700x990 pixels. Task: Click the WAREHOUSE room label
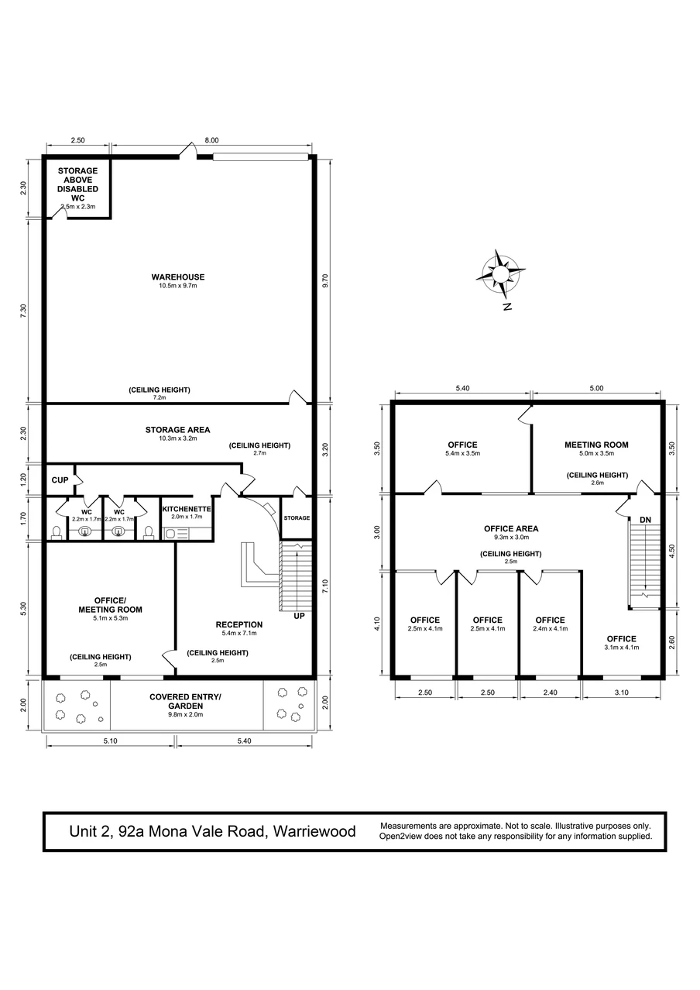coord(177,277)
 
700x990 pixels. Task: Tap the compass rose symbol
coord(500,273)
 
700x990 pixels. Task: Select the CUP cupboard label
coord(60,480)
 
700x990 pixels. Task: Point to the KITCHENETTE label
coord(187,509)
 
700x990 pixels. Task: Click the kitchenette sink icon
coord(170,534)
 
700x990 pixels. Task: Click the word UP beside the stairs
coord(299,616)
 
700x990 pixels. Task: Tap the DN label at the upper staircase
coord(645,520)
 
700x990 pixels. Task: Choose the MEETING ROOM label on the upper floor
coord(596,445)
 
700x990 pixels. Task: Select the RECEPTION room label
coord(239,624)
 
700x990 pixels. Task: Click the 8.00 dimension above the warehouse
coord(211,140)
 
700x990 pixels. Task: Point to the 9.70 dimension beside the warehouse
coord(326,281)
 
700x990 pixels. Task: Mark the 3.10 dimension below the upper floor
coord(621,693)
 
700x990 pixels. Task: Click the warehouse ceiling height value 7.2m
coord(160,397)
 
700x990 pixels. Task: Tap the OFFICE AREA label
coord(511,528)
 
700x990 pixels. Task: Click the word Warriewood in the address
coord(314,831)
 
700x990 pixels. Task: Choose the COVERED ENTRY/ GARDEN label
coord(185,701)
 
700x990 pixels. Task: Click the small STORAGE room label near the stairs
coord(297,518)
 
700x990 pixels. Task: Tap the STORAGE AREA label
coord(177,430)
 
